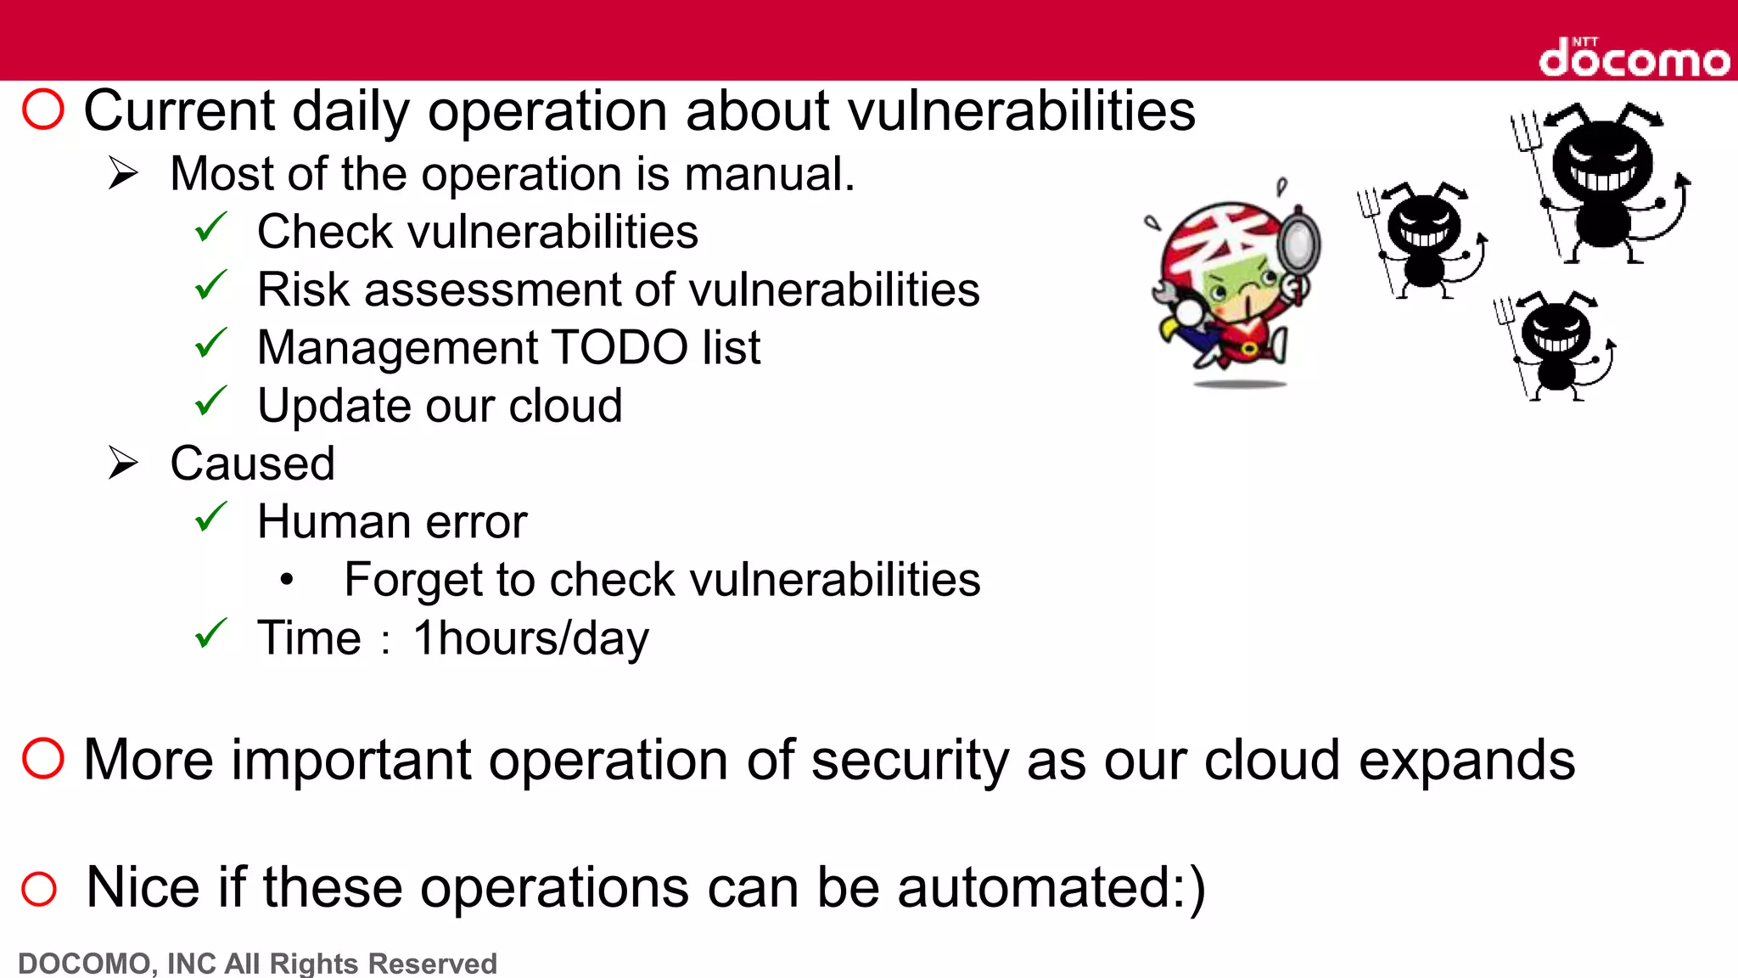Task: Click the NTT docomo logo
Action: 1634,58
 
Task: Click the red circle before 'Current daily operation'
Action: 43,110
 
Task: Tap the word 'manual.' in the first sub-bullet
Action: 769,174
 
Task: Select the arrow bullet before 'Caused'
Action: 123,463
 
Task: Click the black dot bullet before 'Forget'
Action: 287,580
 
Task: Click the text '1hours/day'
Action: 531,638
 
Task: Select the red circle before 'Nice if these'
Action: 39,889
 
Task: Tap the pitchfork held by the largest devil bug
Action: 1536,170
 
